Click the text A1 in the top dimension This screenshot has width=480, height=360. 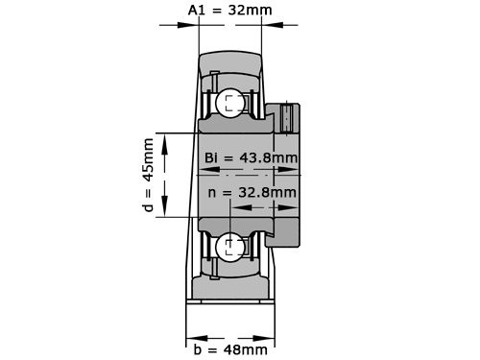pos(197,11)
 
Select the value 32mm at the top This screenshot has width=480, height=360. pos(245,11)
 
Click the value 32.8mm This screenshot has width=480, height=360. pos(266,192)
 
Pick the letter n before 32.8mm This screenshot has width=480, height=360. pos(213,192)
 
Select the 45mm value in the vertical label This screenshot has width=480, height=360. pos(148,159)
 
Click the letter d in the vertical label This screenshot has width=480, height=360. pos(148,205)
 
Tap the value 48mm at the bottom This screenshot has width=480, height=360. pos(246,349)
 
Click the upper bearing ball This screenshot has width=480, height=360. pos(230,104)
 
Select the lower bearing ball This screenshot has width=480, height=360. pos(230,248)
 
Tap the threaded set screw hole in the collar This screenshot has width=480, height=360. pos(288,117)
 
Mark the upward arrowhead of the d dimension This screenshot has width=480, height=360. pos(166,140)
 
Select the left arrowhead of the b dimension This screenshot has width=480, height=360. pos(190,336)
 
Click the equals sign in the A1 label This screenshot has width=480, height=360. pos(218,11)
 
